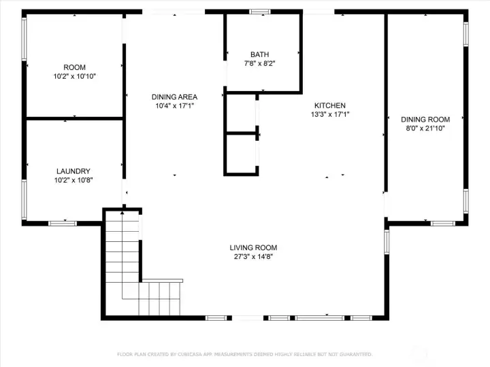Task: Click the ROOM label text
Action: pyautogui.click(x=74, y=67)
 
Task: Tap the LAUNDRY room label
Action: pyautogui.click(x=73, y=171)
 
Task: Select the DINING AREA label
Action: pyautogui.click(x=174, y=97)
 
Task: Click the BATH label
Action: pyautogui.click(x=260, y=54)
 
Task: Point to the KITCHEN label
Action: pyautogui.click(x=330, y=105)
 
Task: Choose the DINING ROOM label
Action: pyautogui.click(x=425, y=120)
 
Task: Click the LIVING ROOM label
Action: pyautogui.click(x=253, y=248)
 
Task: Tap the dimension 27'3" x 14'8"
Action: pyautogui.click(x=253, y=257)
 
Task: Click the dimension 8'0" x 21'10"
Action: pyautogui.click(x=425, y=128)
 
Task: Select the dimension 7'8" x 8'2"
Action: pyautogui.click(x=260, y=64)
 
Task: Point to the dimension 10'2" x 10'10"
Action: pyautogui.click(x=74, y=76)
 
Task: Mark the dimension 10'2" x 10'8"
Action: pyautogui.click(x=73, y=180)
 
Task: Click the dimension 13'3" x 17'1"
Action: pyautogui.click(x=330, y=115)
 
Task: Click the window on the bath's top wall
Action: pyautogui.click(x=260, y=12)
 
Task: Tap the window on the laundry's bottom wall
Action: pyautogui.click(x=63, y=224)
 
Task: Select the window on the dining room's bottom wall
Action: pyautogui.click(x=443, y=224)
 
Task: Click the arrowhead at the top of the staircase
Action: pyautogui.click(x=122, y=213)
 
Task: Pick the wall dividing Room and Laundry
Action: pyautogui.click(x=75, y=118)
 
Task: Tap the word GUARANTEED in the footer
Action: pyautogui.click(x=356, y=355)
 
